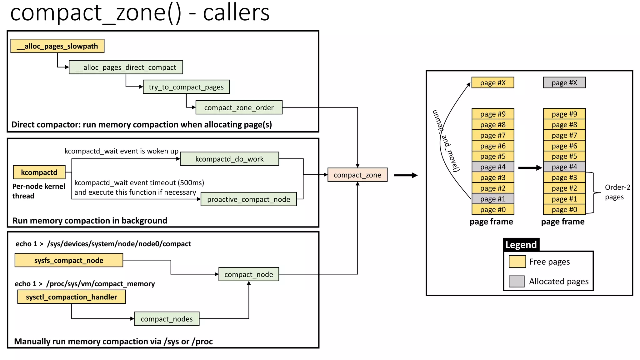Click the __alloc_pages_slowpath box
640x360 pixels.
57,46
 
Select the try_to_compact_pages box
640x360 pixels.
186,87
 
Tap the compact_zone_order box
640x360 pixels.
239,107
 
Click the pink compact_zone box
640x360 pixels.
357,175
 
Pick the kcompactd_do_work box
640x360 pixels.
229,159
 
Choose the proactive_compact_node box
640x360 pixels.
248,199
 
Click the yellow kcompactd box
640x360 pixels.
39,172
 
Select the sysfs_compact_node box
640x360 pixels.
69,260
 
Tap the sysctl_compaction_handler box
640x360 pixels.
71,297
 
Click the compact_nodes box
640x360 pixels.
167,319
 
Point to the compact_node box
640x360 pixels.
248,274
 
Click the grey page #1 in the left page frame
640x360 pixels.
492,199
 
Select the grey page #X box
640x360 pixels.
564,83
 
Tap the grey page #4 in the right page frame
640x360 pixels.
564,167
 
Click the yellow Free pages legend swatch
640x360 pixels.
517,262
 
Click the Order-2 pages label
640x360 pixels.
617,192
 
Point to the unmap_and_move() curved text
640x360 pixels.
446,141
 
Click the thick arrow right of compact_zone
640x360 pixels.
405,175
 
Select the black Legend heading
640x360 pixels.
521,245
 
